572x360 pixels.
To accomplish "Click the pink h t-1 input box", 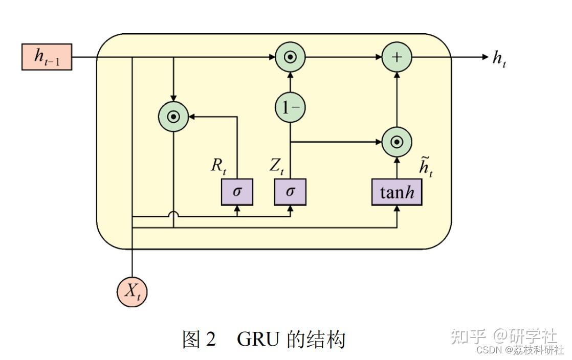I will [47, 57].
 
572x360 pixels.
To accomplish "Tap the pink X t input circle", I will [132, 291].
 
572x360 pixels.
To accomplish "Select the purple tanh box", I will [397, 192].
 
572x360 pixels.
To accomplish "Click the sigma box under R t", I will [237, 192].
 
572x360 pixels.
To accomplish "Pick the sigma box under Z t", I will [290, 192].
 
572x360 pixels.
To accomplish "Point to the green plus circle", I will [397, 57].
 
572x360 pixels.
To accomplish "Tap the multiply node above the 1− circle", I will [290, 57].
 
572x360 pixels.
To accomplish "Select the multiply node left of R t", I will [174, 117].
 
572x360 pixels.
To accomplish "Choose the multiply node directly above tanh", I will [397, 142].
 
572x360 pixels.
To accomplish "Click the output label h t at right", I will [499, 59].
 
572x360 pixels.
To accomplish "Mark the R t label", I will [218, 165].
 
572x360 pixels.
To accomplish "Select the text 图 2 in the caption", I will [200, 339].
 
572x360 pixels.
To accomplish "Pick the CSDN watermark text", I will [486, 350].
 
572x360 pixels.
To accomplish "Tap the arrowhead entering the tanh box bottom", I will [397, 209].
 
